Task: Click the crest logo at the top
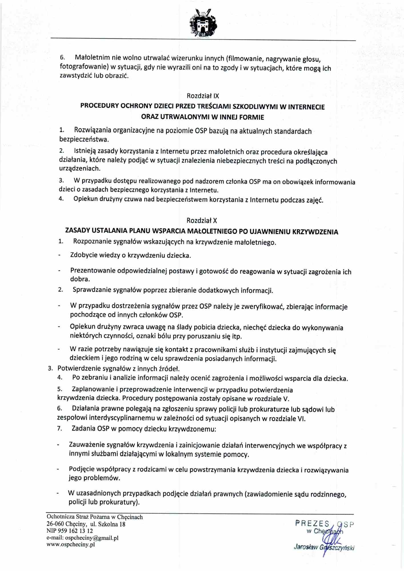[x=203, y=23]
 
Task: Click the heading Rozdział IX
[x=203, y=96]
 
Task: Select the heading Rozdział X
[x=202, y=220]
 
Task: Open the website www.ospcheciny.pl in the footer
[x=71, y=544]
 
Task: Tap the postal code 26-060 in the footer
[x=55, y=524]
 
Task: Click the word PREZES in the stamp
[x=312, y=523]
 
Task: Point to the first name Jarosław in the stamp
[x=306, y=547]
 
